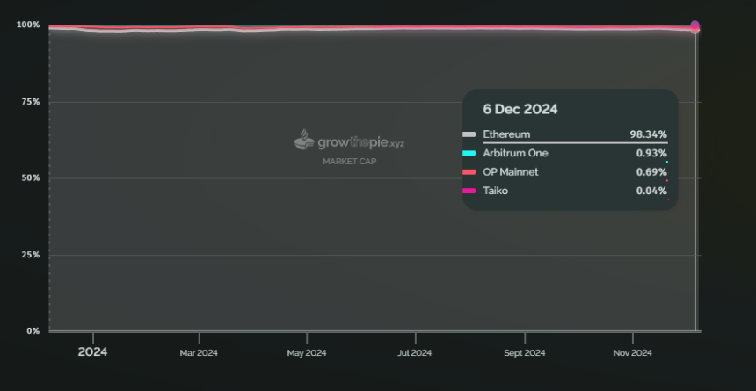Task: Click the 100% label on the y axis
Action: [28, 25]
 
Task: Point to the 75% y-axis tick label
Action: [30, 102]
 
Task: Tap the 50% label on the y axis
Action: [30, 177]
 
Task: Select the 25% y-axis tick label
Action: [30, 255]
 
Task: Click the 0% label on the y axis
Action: [33, 331]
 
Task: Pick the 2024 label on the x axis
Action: [92, 352]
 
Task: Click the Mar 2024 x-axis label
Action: [199, 353]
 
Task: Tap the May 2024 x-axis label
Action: [307, 353]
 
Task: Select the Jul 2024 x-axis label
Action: [415, 353]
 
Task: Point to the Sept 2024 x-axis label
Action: [525, 353]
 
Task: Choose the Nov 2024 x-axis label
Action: [632, 353]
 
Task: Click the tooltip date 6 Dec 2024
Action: [520, 110]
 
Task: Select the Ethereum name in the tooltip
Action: [506, 134]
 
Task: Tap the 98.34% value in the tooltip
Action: [649, 134]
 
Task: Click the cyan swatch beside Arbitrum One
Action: [469, 153]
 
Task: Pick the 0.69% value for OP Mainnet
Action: [651, 172]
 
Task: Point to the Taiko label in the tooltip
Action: [495, 191]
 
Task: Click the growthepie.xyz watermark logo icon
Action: [304, 140]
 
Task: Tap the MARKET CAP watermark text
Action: [349, 162]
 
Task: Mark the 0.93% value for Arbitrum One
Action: [651, 153]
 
